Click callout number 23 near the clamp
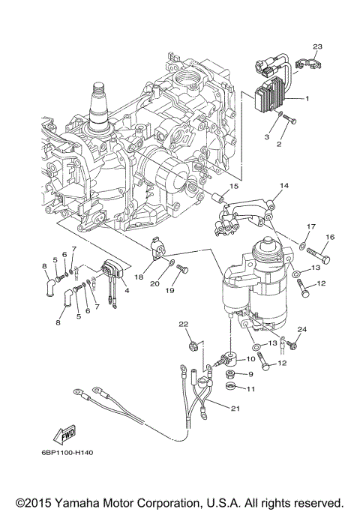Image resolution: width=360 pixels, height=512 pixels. pyautogui.click(x=316, y=46)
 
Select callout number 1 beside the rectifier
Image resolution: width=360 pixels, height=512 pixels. pyautogui.click(x=307, y=99)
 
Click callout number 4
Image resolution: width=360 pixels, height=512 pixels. pyautogui.click(x=127, y=290)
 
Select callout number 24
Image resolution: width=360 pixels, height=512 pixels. pyautogui.click(x=302, y=329)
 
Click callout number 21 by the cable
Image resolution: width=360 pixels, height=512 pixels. pyautogui.click(x=236, y=408)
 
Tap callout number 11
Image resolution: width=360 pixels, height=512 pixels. pyautogui.click(x=251, y=388)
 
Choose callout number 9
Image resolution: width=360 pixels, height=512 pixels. pyautogui.click(x=251, y=373)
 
